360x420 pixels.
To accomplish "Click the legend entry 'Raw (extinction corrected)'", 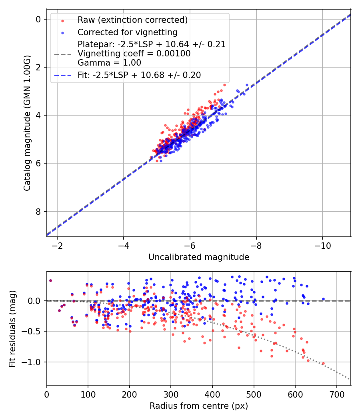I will [132, 20].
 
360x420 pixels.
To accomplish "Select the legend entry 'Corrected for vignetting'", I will [127, 32].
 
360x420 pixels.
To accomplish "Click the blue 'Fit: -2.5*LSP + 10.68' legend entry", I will [139, 75].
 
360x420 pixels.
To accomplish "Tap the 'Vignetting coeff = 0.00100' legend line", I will [134, 53].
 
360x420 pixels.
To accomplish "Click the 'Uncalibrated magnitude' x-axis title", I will [199, 257].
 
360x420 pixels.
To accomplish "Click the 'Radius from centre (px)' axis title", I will [199, 406].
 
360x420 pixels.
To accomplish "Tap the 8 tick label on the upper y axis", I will [38, 212].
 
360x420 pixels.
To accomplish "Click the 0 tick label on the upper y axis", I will [38, 19].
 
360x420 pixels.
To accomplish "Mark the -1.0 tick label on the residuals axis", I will [33, 362].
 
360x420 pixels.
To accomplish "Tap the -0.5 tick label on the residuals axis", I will [33, 331].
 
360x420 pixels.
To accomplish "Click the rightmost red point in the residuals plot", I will [323, 364].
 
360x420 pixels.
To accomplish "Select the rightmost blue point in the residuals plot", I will [323, 299].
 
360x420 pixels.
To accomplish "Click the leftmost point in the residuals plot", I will [50, 280].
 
